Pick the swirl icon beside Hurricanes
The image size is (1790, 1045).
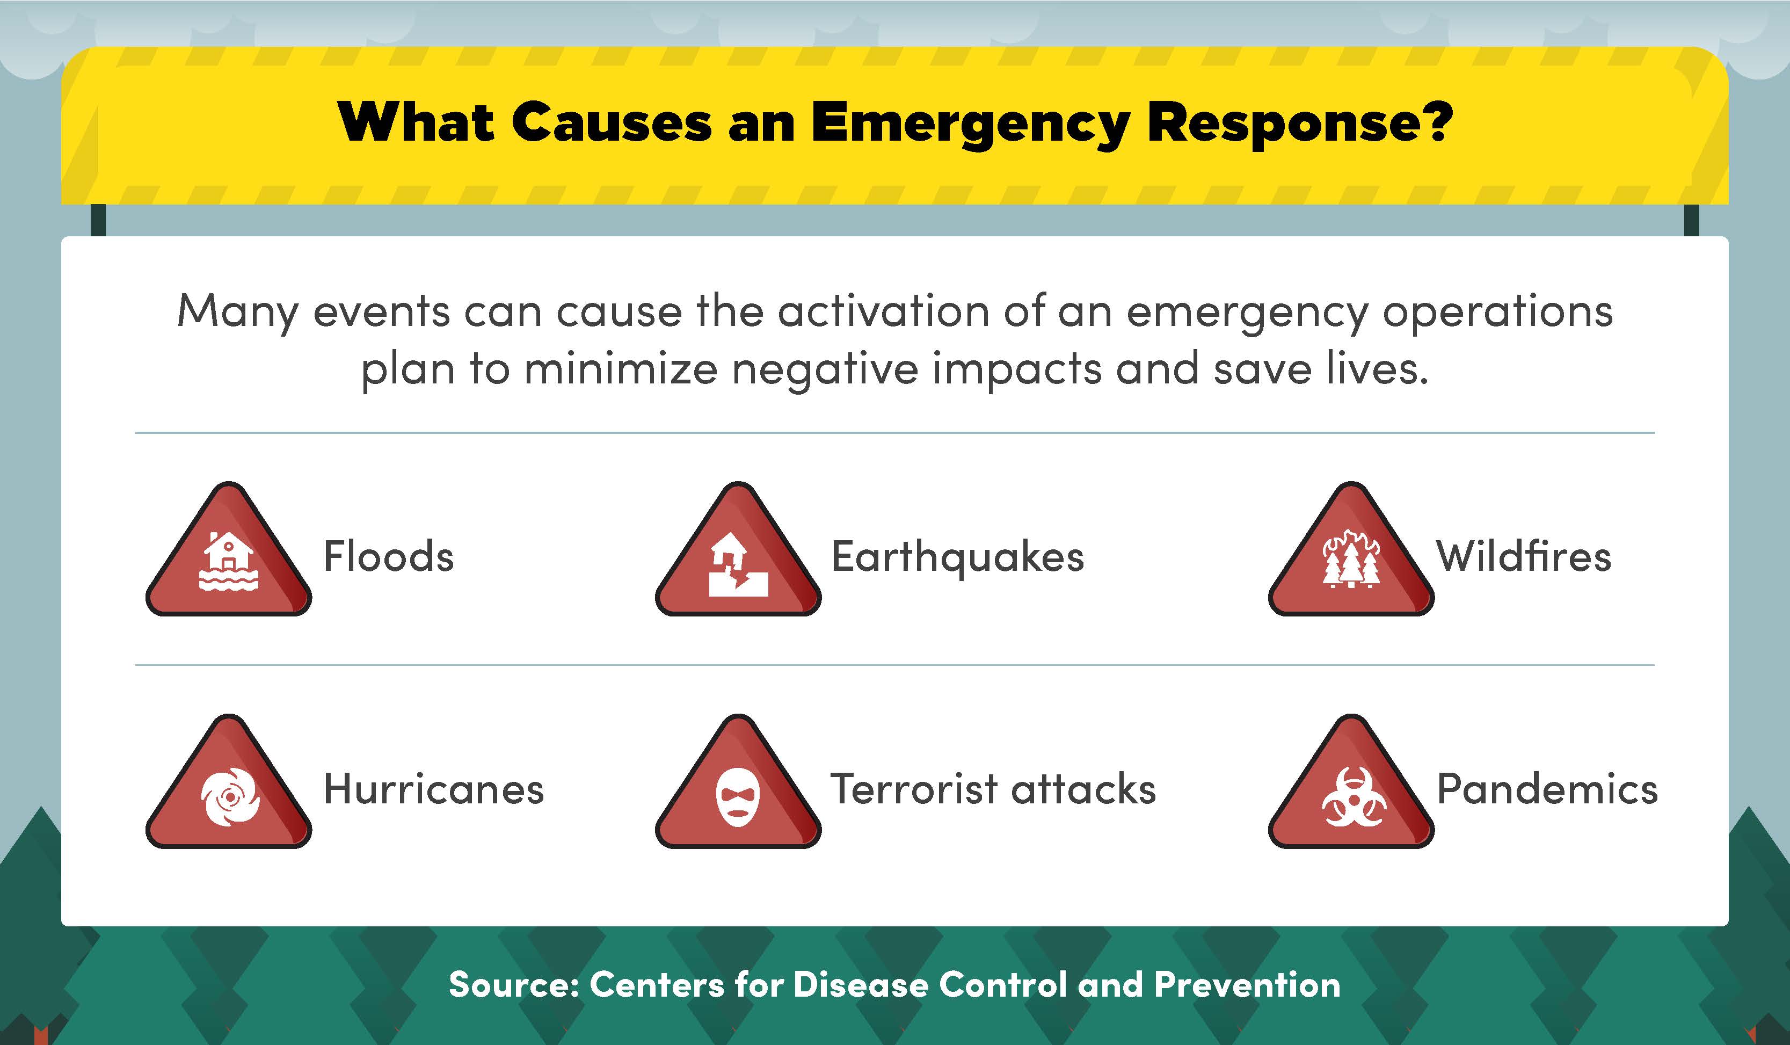click(229, 797)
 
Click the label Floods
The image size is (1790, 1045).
click(389, 556)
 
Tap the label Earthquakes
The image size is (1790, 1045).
click(957, 557)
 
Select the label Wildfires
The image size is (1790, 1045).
click(1524, 556)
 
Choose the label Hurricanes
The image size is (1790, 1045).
click(434, 789)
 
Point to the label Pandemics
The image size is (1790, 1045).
click(1547, 789)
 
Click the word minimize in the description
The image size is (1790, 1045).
click(621, 370)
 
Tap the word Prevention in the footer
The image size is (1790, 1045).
click(1247, 985)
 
